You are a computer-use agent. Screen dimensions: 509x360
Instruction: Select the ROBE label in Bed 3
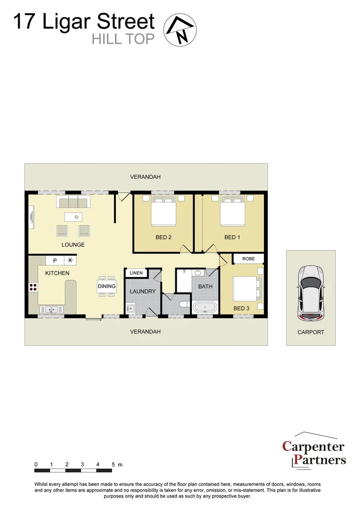248,259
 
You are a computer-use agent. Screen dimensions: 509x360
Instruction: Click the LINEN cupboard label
136,273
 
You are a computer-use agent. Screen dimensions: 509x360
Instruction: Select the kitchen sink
52,310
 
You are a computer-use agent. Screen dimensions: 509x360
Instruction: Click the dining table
106,286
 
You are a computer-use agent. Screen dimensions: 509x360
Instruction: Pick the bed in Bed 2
163,212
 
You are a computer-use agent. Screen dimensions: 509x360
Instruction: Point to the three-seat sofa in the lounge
74,202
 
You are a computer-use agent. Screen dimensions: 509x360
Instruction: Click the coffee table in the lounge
73,217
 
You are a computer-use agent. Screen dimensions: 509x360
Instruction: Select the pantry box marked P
55,260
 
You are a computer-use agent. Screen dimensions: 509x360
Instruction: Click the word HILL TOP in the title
123,39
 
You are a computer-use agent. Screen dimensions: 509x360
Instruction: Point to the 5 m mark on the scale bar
113,465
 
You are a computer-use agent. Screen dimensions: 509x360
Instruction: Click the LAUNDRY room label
142,291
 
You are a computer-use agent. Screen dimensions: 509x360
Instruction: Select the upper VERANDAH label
146,177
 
